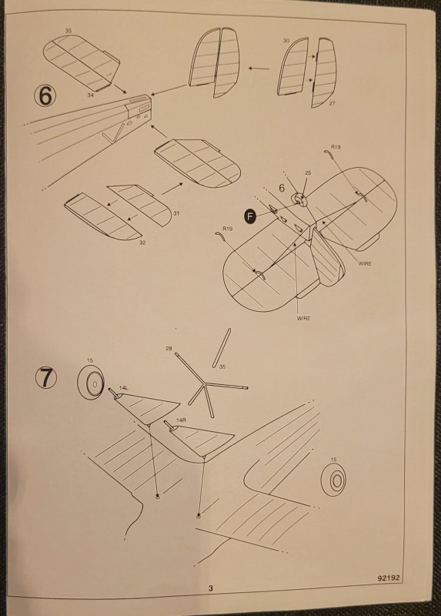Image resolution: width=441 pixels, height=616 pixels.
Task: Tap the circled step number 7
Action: coord(46,378)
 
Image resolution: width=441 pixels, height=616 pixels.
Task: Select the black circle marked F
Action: coord(250,216)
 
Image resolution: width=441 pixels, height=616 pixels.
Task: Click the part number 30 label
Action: coord(286,40)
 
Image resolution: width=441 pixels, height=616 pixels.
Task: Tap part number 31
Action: coord(176,213)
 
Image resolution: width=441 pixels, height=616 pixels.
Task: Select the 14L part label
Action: coord(123,389)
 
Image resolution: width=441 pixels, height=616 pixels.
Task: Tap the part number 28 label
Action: coord(169,349)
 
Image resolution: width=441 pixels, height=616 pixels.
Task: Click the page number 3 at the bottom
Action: coord(209,590)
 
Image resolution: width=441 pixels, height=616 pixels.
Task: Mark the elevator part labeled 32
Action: coord(99,219)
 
